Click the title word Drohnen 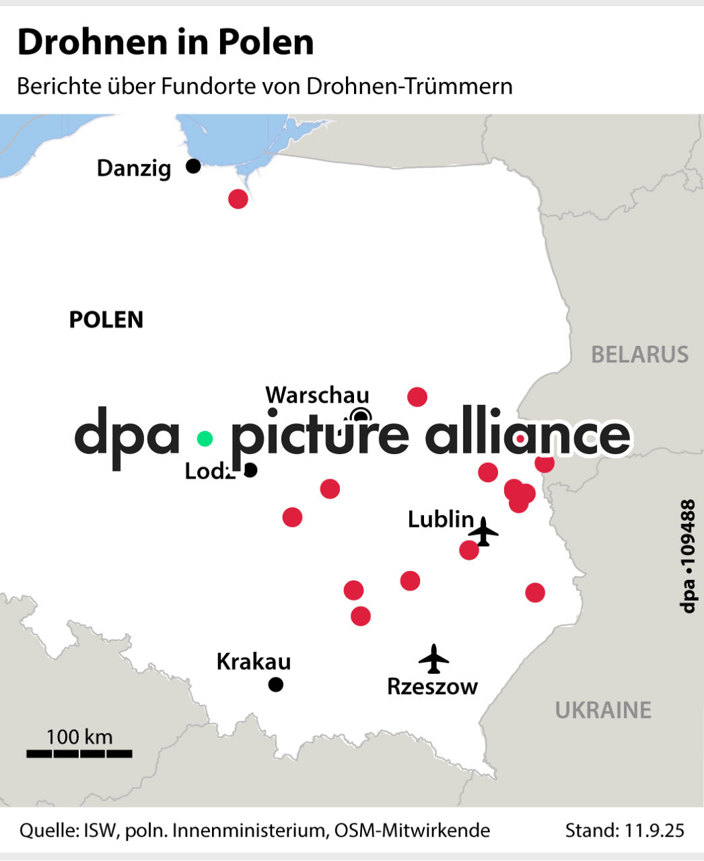93,42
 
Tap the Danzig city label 134,168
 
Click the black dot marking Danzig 193,165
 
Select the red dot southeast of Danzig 238,199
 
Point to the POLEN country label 106,320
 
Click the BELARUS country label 639,354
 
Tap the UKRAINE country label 603,710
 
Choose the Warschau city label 317,396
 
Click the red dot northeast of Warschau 417,397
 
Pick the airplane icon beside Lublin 483,531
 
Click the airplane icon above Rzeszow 433,659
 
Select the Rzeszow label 432,687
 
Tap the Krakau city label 254,662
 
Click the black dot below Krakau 276,685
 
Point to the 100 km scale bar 79,753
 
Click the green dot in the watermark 205,439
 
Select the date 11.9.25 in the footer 651,831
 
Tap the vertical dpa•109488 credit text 687,556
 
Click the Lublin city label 441,519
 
